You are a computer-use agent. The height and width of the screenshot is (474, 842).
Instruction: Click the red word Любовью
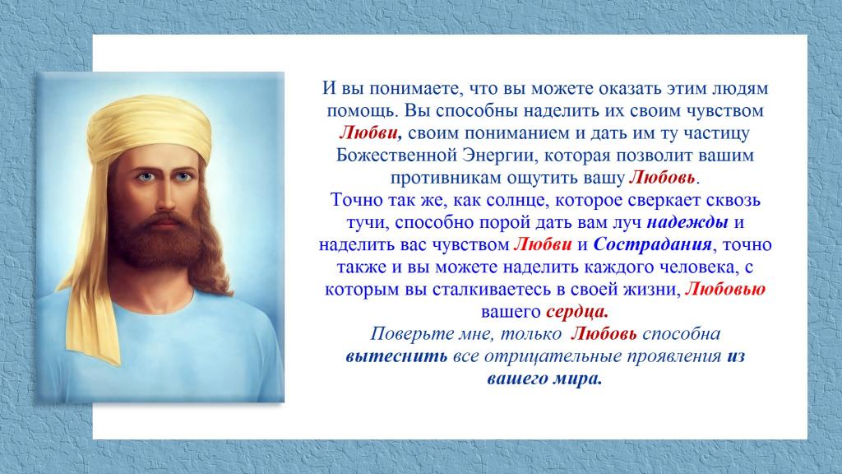point(725,290)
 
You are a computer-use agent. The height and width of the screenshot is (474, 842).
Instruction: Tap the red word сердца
point(576,312)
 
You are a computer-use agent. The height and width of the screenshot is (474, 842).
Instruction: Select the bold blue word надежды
point(687,222)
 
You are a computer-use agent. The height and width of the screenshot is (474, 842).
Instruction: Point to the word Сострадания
point(652,245)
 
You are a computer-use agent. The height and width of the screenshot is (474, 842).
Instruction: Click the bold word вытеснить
point(396,356)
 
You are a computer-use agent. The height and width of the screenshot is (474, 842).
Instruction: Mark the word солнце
point(517,201)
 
